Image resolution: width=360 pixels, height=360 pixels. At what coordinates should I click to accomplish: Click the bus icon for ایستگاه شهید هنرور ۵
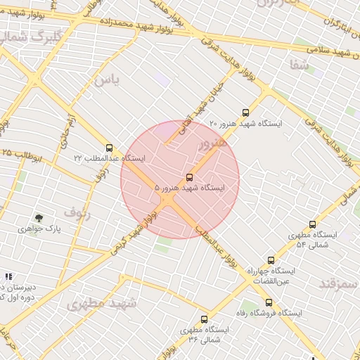189,177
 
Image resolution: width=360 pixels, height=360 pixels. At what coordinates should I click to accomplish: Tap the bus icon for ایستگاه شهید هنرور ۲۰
245,112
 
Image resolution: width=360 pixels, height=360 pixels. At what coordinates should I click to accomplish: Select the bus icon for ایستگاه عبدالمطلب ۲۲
108,148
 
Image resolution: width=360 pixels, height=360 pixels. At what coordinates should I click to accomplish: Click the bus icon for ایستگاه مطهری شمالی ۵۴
312,224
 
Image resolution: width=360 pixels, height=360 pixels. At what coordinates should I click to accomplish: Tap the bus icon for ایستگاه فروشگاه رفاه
269,302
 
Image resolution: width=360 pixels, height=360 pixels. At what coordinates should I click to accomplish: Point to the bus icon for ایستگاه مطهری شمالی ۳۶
204,319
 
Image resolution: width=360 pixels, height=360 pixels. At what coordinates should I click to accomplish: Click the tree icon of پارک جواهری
39,218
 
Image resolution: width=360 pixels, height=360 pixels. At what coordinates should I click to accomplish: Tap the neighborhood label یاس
108,80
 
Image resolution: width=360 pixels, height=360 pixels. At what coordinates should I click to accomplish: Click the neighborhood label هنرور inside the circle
213,145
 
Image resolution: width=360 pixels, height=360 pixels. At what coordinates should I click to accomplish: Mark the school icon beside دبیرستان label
8,277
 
